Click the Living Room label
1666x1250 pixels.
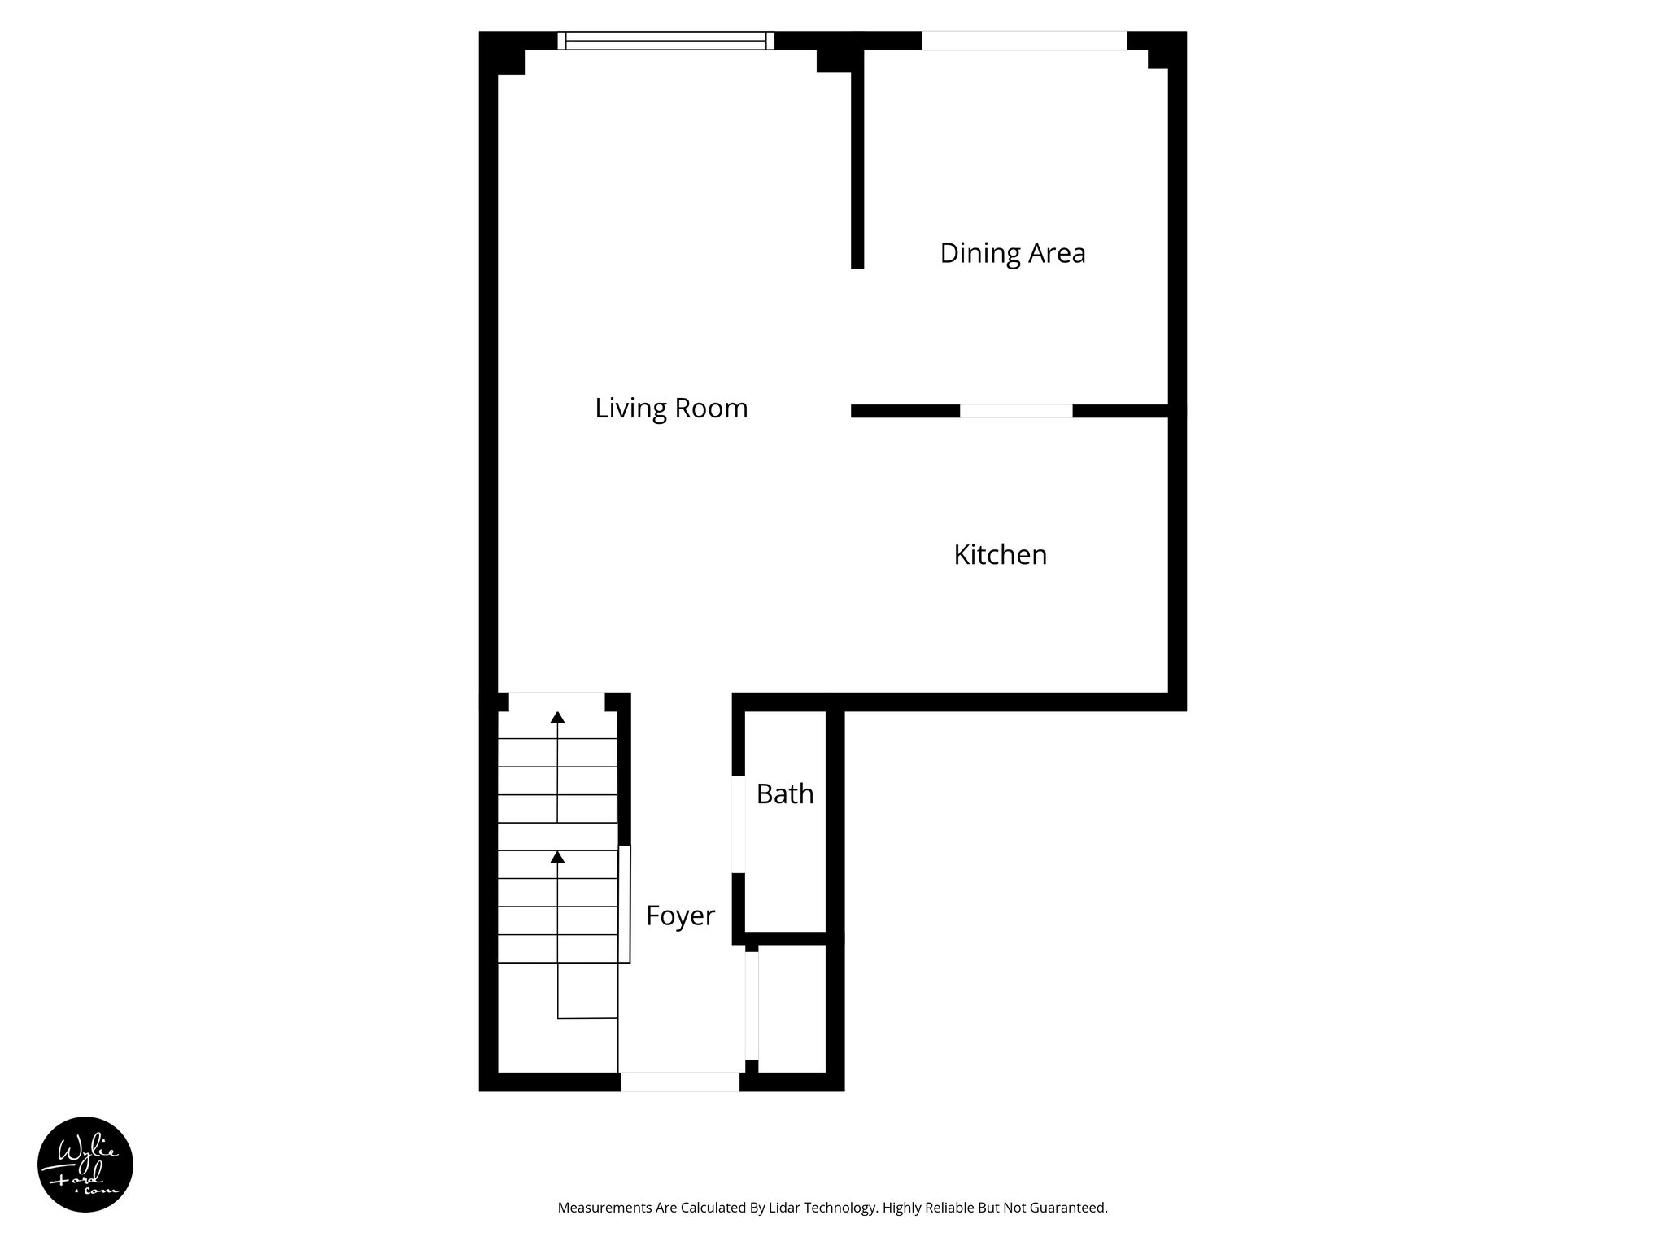pyautogui.click(x=671, y=408)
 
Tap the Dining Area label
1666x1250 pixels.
pyautogui.click(x=1012, y=253)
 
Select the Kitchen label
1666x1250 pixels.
pyautogui.click(x=1000, y=555)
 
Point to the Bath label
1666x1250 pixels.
pyautogui.click(x=784, y=793)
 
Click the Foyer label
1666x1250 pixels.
pyautogui.click(x=680, y=916)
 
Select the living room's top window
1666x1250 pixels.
pyautogui.click(x=665, y=41)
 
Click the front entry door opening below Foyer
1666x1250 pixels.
pyautogui.click(x=680, y=1082)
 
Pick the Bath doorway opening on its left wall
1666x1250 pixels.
pyautogui.click(x=739, y=824)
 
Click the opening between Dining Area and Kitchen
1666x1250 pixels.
pyautogui.click(x=1016, y=411)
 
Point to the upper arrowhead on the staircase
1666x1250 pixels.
pyautogui.click(x=557, y=717)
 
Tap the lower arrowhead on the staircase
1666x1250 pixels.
pyautogui.click(x=557, y=857)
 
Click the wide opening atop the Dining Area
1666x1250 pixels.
pyautogui.click(x=1024, y=41)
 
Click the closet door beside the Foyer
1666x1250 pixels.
pyautogui.click(x=752, y=1006)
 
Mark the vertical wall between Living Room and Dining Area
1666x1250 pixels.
pyautogui.click(x=857, y=163)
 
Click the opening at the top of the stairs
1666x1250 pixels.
pyautogui.click(x=556, y=701)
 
